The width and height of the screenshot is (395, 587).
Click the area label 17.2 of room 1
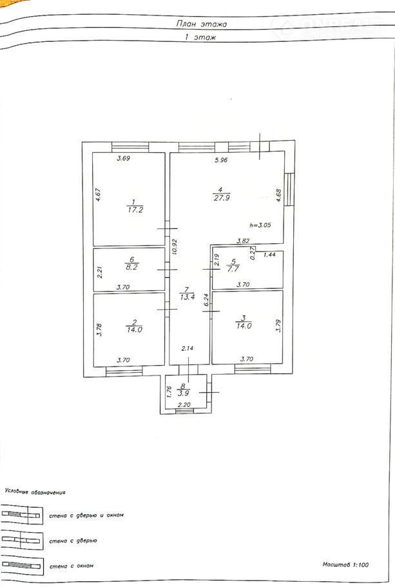135,210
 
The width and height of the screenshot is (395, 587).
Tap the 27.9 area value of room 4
222,198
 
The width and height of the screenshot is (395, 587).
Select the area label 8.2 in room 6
131,267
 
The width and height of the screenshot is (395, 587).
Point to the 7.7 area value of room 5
233,269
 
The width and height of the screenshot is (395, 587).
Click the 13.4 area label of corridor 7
187,297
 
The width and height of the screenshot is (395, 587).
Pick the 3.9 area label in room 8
183,393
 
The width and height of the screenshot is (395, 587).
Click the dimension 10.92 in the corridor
175,247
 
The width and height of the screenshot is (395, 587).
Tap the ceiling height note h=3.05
260,225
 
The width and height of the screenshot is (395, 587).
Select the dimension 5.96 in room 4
221,160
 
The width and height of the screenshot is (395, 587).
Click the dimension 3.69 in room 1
123,158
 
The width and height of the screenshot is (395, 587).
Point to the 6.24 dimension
206,300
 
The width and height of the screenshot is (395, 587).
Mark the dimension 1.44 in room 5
269,255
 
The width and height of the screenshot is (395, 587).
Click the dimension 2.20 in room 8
184,404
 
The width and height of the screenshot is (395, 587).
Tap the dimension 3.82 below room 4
243,241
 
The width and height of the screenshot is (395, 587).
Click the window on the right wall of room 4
289,189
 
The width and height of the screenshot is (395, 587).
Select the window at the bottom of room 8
184,411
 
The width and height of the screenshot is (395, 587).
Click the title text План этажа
202,24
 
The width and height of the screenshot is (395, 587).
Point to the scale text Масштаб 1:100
345,564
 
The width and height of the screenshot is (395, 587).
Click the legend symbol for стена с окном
22,565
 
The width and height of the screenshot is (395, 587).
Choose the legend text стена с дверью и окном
86,515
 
